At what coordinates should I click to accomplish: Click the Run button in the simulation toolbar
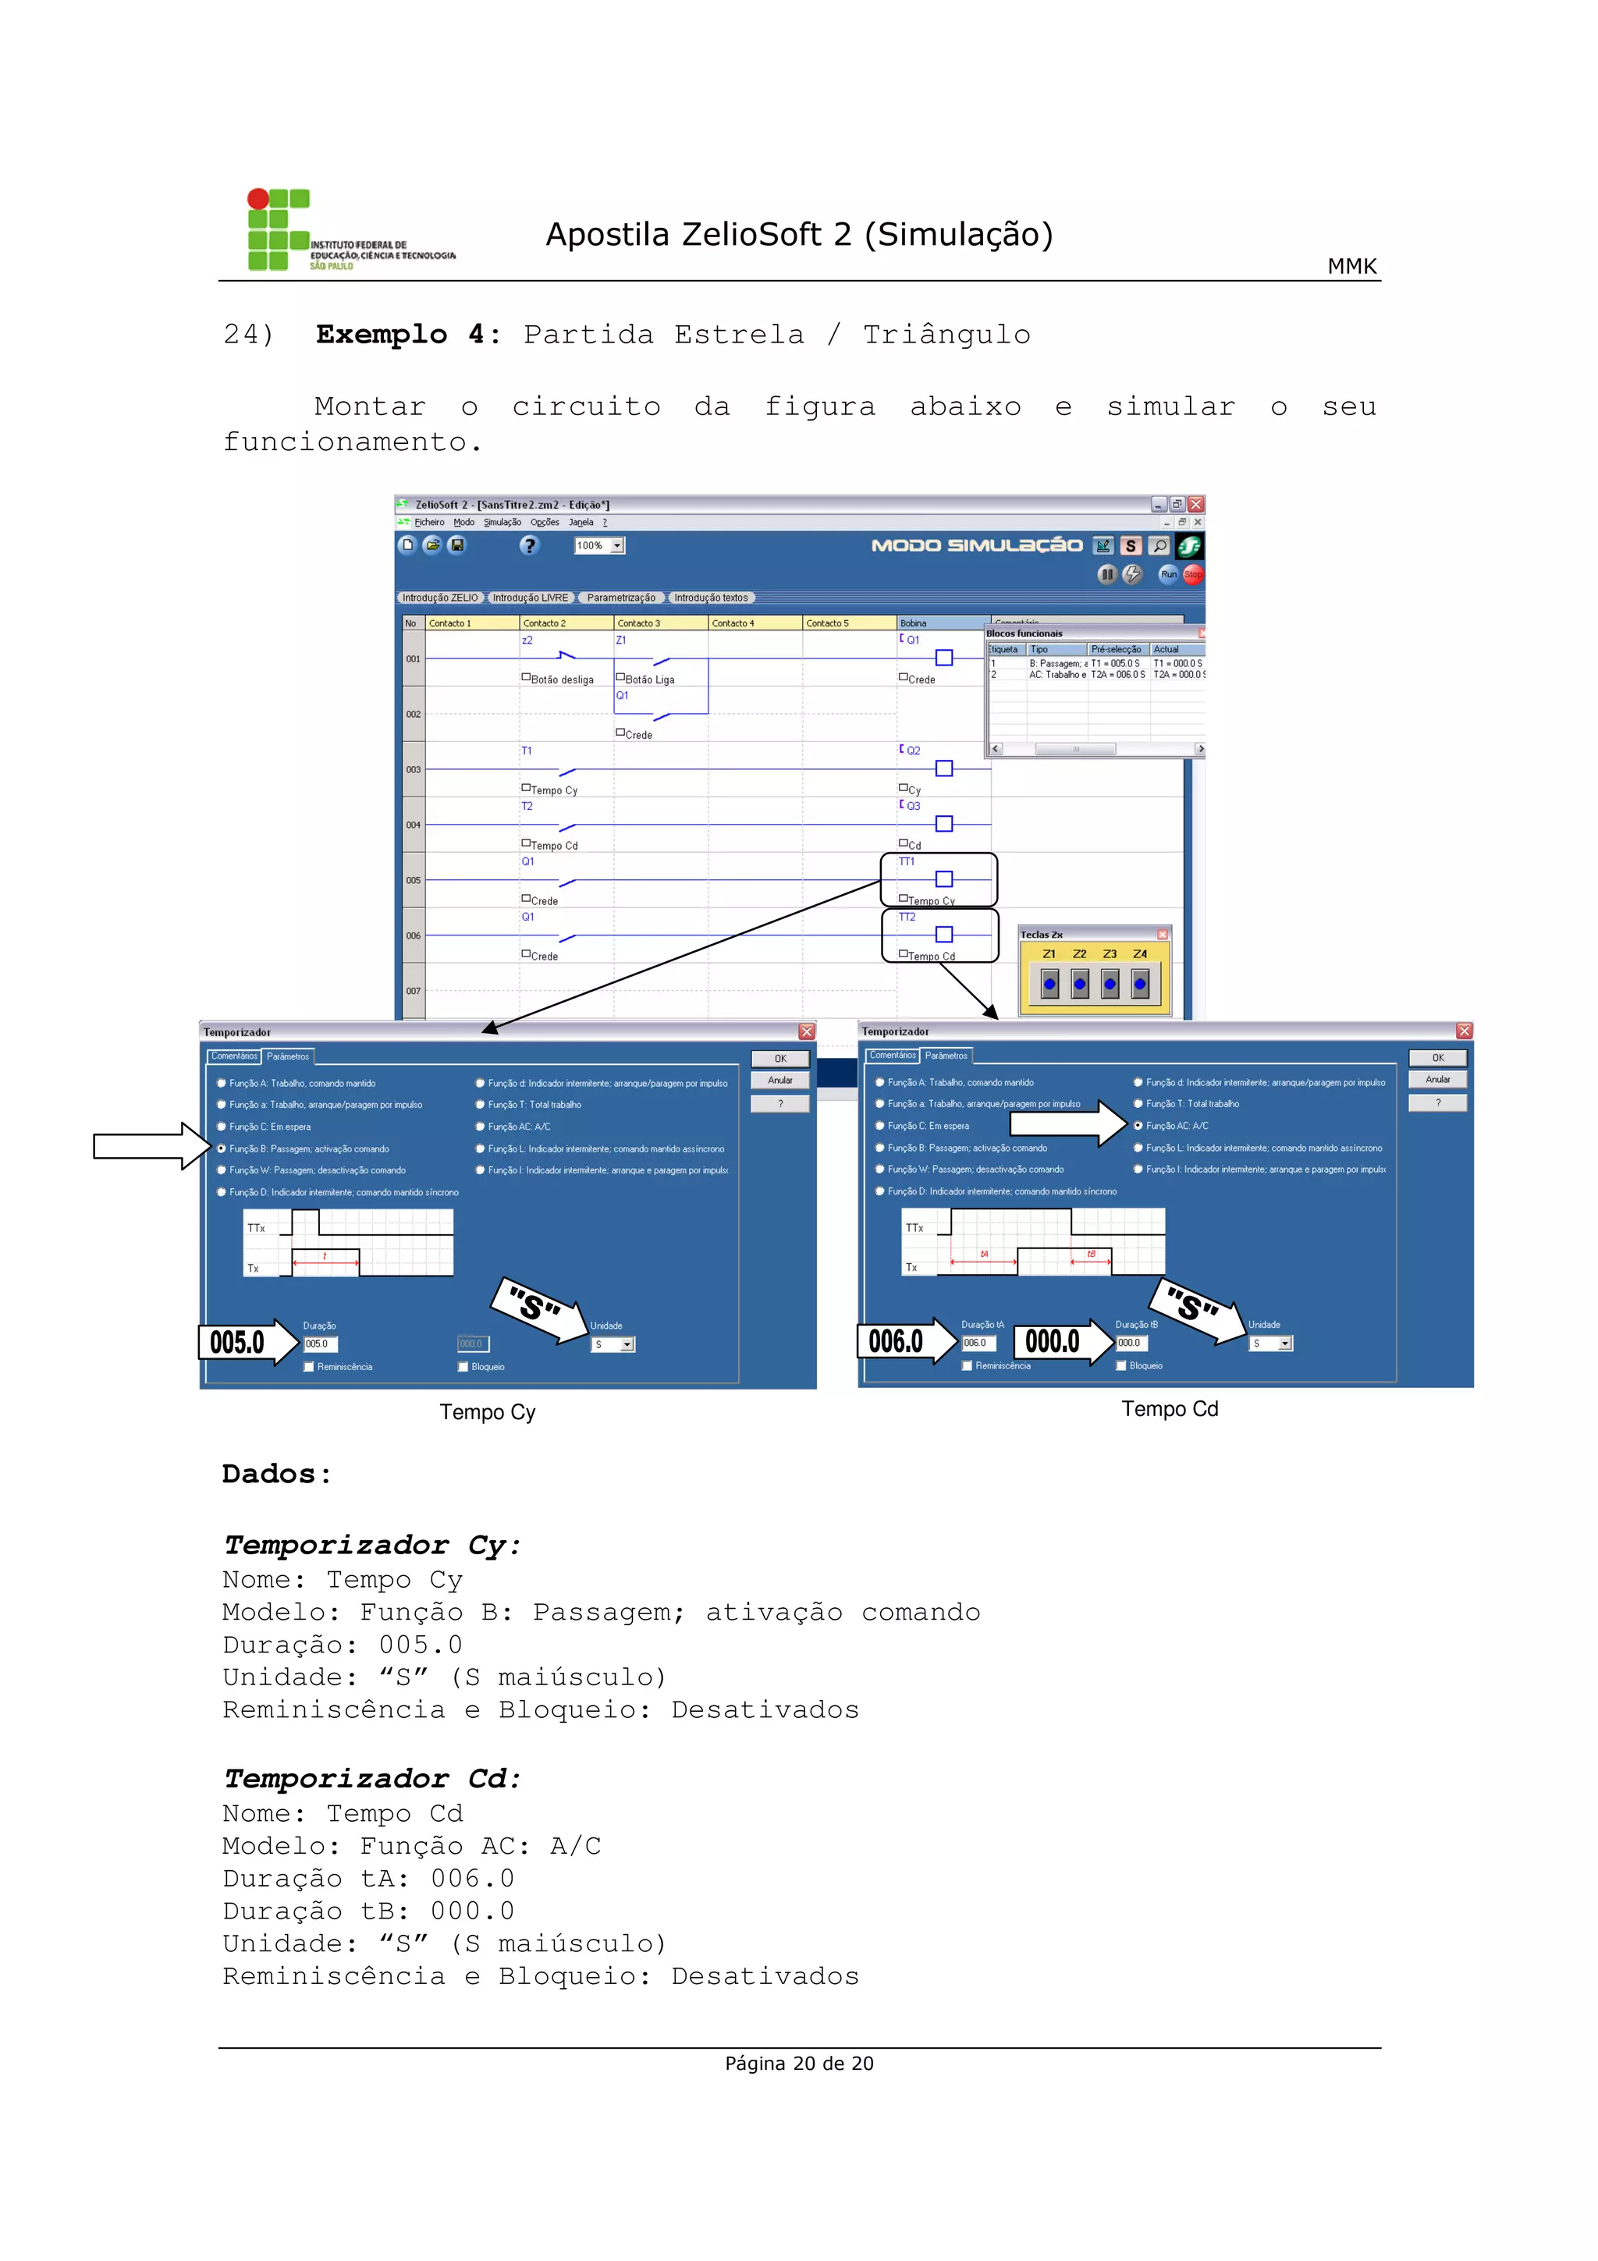[x=1168, y=574]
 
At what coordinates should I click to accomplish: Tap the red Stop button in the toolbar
[x=1192, y=574]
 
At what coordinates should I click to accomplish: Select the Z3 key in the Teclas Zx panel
[x=1110, y=983]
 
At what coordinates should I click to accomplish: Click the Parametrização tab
[x=620, y=598]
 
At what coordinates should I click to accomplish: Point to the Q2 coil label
[x=914, y=751]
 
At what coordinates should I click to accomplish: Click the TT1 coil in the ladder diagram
[x=943, y=878]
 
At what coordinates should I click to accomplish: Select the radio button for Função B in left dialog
[x=222, y=1148]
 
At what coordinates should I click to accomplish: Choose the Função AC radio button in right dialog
[x=1138, y=1126]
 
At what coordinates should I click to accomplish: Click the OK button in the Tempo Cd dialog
[x=1437, y=1058]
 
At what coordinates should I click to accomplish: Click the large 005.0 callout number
[x=237, y=1342]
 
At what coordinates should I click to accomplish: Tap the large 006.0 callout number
[x=895, y=1341]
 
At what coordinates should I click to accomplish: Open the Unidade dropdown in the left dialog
[x=627, y=1344]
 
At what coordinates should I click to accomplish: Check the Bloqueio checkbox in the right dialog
[x=1121, y=1366]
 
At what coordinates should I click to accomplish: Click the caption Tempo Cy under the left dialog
[x=488, y=1412]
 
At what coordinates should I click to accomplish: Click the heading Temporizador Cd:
[x=371, y=1779]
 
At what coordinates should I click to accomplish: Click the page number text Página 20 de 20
[x=798, y=2063]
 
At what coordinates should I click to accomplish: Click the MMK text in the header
[x=1351, y=266]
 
